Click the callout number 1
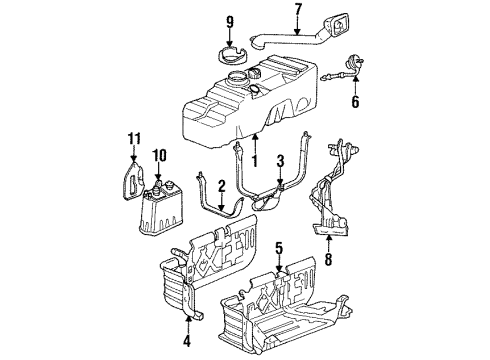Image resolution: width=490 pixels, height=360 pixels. pos(255,160)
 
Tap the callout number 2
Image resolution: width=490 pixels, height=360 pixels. pos(222,187)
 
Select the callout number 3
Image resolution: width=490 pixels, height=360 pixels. pos(280,161)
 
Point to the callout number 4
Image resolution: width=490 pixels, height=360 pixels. pos(187,340)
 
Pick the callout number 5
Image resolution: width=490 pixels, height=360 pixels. pos(279,249)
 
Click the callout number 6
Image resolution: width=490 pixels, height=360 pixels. pos(355,101)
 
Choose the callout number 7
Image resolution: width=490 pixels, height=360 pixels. pos(298,10)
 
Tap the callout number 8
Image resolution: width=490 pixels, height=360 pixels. pos(329,259)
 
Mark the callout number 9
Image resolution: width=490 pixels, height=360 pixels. pos(230,22)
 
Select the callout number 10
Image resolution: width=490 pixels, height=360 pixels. pos(159,156)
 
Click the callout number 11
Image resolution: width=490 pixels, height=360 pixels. pos(134,138)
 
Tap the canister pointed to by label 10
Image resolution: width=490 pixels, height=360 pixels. pos(160,207)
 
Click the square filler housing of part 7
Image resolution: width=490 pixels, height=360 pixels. pos(337,26)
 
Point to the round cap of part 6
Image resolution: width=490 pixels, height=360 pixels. pos(354,62)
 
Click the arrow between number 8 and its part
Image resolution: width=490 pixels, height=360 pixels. pos(329,244)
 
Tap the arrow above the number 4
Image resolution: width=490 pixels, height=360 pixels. pos(187,324)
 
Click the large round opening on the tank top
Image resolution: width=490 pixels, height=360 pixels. pos(238,79)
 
